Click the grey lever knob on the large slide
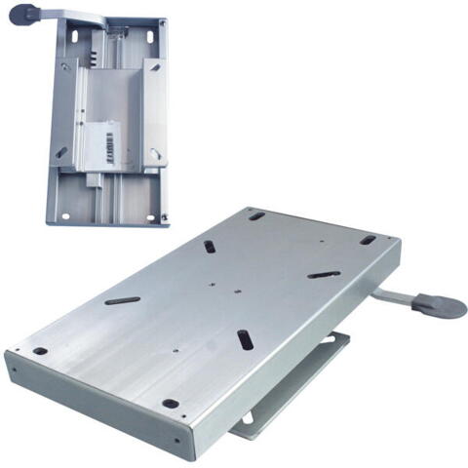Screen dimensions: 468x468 point(440,304)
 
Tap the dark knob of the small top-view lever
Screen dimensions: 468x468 point(26,15)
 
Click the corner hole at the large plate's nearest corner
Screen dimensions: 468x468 point(171,403)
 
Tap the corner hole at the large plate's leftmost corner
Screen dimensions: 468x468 point(40,351)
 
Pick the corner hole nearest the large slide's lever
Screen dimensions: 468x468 point(367,240)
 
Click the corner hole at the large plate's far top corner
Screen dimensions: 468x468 point(256,215)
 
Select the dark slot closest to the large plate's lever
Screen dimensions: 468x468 point(324,275)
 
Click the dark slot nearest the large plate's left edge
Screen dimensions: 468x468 point(122,300)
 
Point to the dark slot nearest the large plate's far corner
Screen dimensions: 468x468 point(211,247)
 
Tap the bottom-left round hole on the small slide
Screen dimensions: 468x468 point(66,215)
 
